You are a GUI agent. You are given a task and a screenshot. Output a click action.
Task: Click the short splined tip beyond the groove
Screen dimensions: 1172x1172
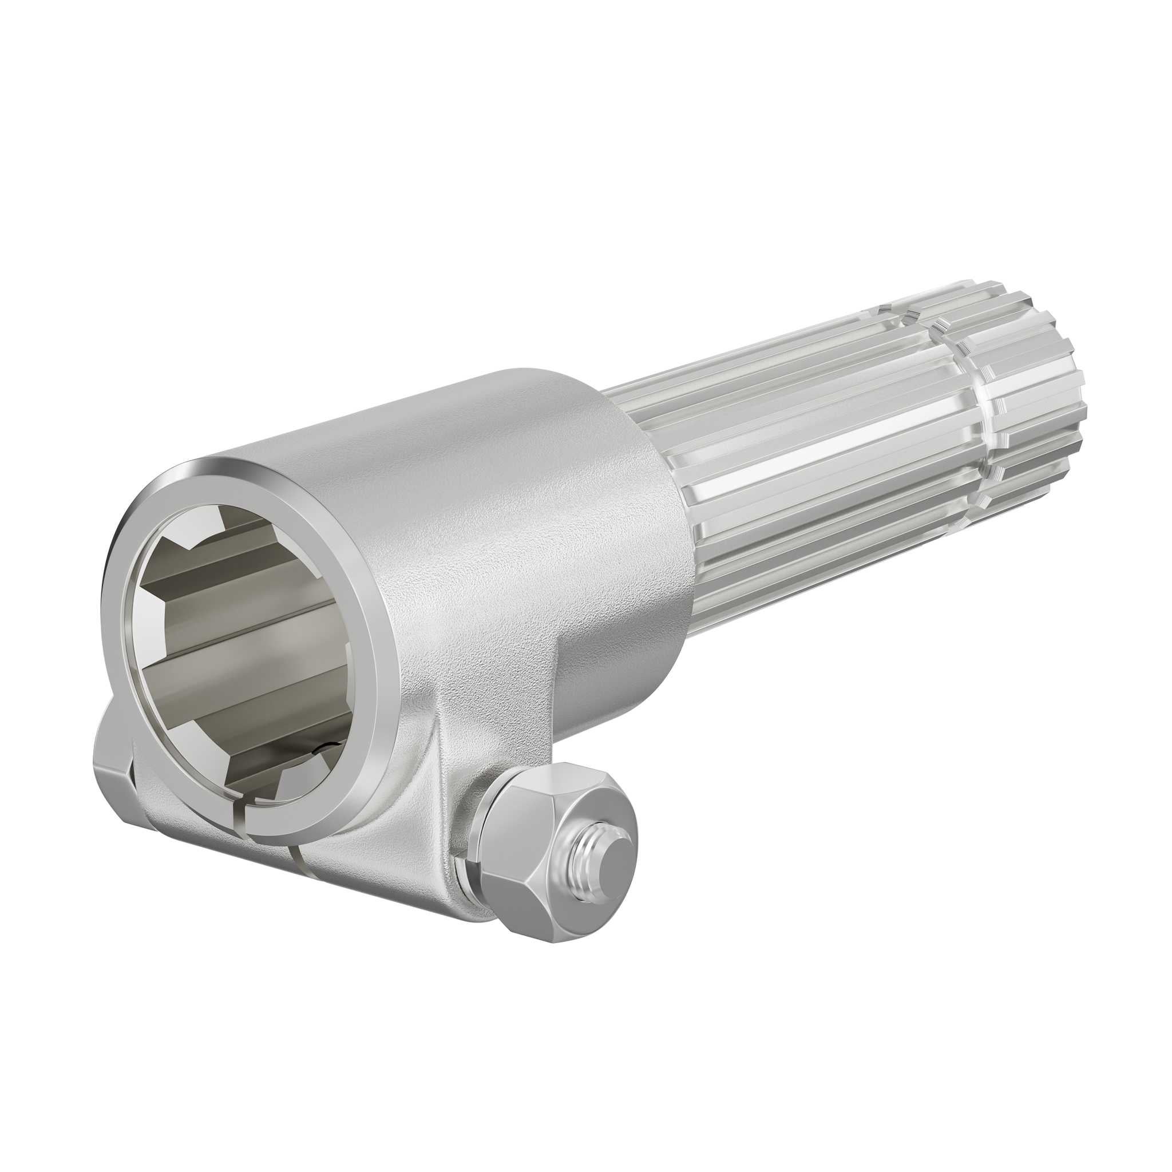[1031, 388]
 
